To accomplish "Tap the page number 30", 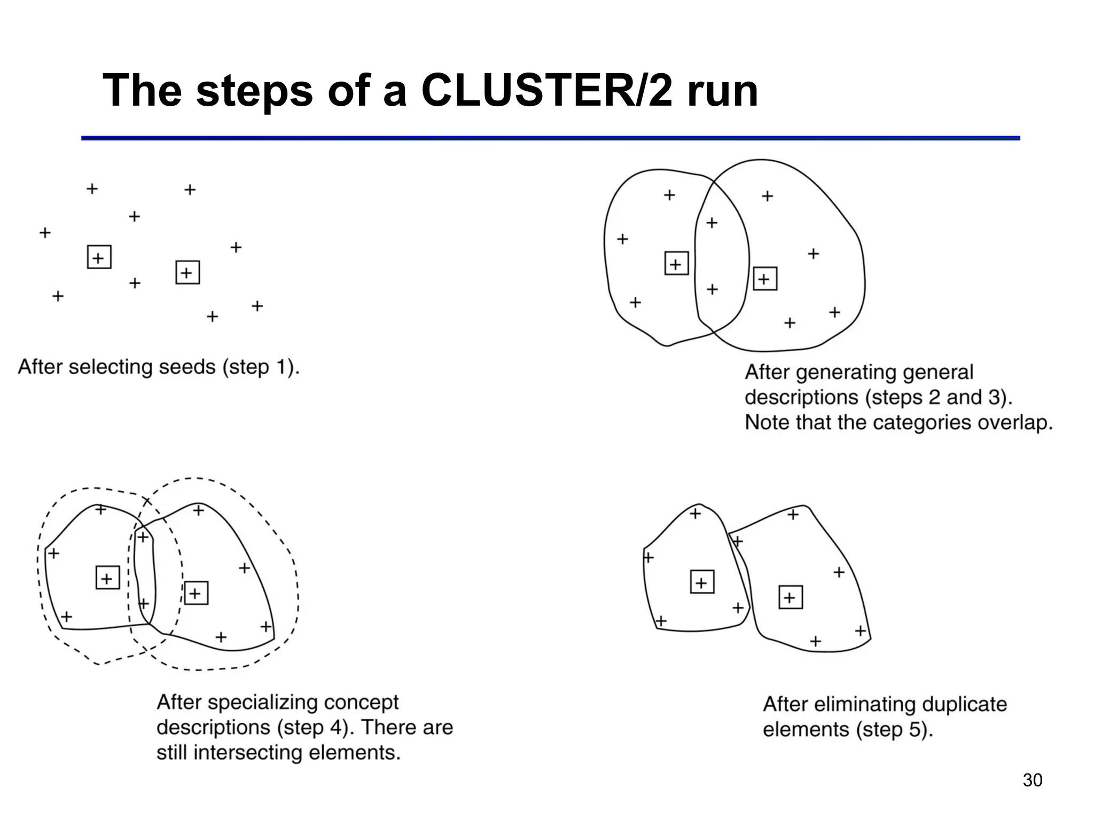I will [1032, 780].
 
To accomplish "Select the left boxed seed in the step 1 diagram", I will [99, 257].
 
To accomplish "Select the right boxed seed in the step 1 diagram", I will [187, 273].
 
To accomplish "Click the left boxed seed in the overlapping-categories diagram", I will [676, 263].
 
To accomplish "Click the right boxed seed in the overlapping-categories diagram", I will [765, 279].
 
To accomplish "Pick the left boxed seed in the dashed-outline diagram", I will [107, 578].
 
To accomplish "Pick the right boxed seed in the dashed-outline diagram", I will [196, 593].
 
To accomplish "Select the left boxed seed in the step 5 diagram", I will [702, 582].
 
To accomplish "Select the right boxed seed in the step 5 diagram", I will [791, 597].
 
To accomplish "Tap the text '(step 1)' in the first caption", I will [261, 367].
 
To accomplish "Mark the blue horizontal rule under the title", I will [550, 138].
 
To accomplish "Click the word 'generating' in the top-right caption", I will [848, 372].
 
